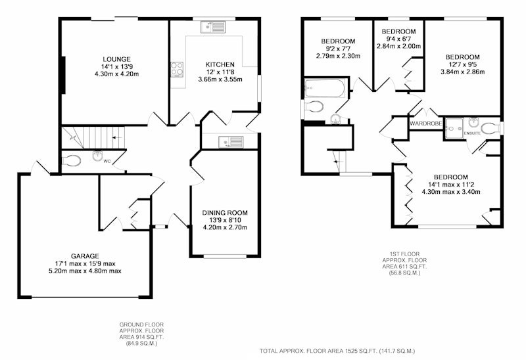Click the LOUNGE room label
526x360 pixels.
tap(117, 60)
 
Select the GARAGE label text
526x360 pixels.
tap(85, 256)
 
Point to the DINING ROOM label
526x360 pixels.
tap(225, 213)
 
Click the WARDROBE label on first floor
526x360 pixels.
tap(425, 124)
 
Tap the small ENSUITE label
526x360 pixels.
tap(472, 133)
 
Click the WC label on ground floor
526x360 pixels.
tap(107, 161)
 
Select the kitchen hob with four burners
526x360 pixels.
tap(177, 70)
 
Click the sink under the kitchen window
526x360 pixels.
tap(213, 27)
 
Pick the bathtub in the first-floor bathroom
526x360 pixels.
tap(325, 88)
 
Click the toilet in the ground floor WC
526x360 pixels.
tap(72, 161)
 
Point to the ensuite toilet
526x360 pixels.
tap(490, 128)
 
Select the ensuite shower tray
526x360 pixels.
tap(454, 128)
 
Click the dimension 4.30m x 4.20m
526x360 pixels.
tap(117, 74)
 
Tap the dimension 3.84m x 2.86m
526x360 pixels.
tap(463, 72)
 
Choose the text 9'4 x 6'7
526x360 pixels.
tap(399, 39)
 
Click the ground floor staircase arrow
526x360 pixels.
tap(116, 137)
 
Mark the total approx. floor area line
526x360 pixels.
tap(337, 351)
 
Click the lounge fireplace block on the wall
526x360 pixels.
tap(62, 75)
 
